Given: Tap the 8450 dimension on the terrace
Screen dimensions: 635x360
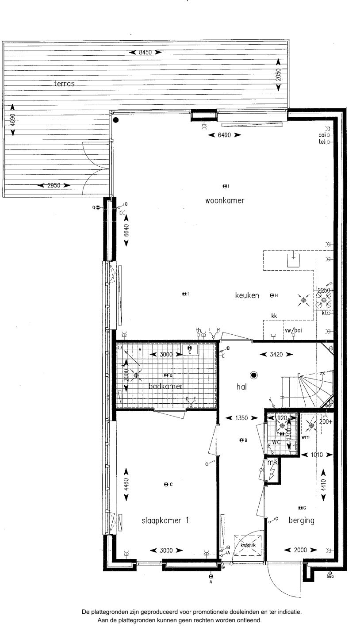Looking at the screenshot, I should [x=145, y=53].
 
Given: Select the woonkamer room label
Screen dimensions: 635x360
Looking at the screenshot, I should [x=225, y=200].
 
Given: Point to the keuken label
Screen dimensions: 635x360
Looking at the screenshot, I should [x=247, y=295].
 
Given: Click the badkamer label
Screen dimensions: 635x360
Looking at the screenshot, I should [x=166, y=386].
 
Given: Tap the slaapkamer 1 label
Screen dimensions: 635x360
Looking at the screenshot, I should [x=165, y=520].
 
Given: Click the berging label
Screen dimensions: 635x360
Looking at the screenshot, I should [x=301, y=520].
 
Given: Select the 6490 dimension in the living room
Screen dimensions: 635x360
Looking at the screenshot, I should [x=224, y=135].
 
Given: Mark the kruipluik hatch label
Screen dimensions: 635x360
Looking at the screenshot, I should [x=248, y=545].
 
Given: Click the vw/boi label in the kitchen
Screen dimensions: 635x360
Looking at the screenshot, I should [x=293, y=329].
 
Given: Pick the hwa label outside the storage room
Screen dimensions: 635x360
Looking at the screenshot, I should [x=330, y=577].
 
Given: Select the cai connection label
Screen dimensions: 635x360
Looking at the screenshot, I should [x=322, y=135].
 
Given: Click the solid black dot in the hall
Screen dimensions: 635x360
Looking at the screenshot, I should [x=253, y=375].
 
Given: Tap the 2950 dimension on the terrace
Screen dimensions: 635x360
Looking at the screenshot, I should [x=54, y=186].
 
